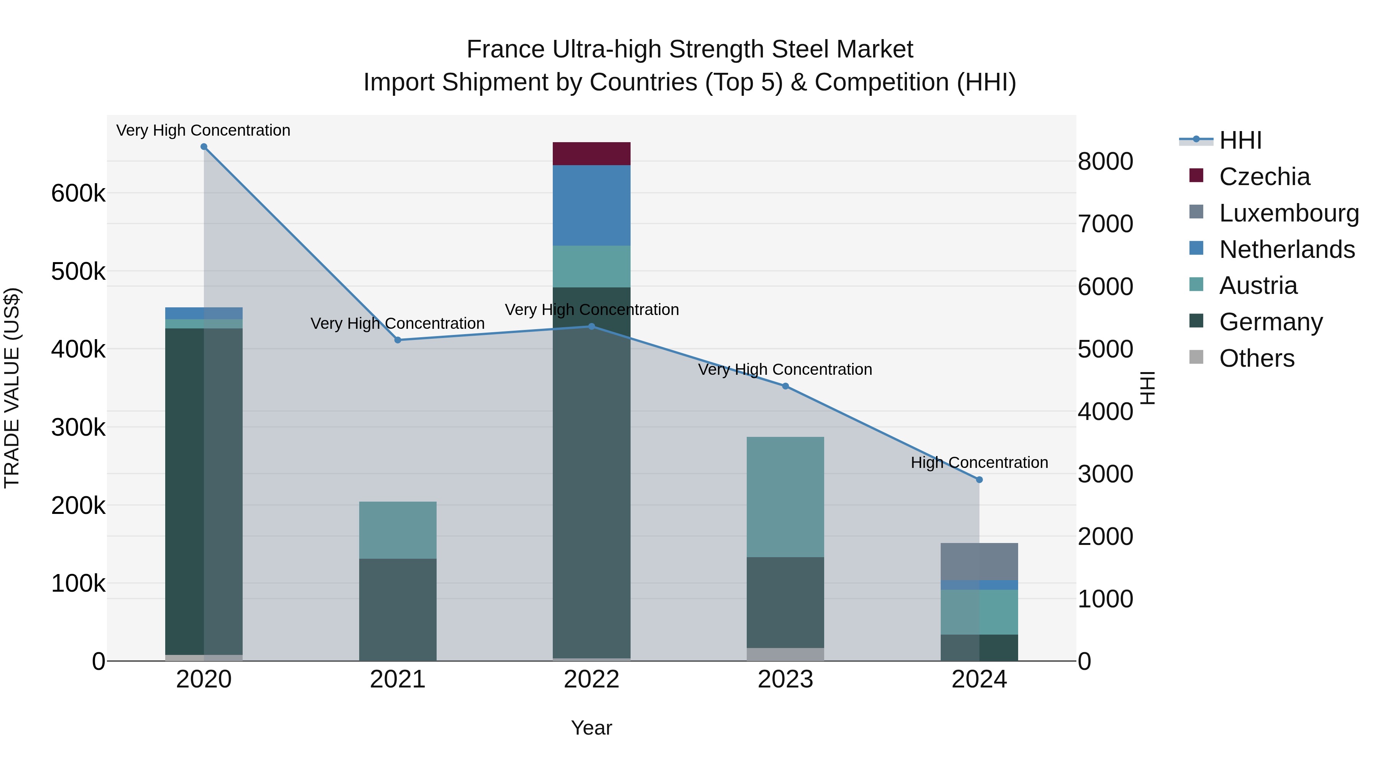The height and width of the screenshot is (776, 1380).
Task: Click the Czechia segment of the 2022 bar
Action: (x=591, y=154)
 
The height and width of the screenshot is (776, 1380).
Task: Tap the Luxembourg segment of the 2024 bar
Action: (x=979, y=561)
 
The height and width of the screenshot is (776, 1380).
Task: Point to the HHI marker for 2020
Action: (x=204, y=147)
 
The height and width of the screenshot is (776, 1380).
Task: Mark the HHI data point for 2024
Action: (x=979, y=480)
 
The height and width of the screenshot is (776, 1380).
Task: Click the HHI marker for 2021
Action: (x=398, y=340)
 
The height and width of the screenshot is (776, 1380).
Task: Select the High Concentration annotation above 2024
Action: (x=979, y=463)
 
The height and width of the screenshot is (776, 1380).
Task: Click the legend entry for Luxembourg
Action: (x=1288, y=213)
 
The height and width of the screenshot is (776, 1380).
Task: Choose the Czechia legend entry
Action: (x=1264, y=177)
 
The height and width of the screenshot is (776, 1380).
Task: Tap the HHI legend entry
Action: (x=1240, y=140)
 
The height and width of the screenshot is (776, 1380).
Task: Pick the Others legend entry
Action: (x=1256, y=358)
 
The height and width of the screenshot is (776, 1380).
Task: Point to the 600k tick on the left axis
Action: (x=78, y=194)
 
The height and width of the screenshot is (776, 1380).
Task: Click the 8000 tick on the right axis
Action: (x=1105, y=161)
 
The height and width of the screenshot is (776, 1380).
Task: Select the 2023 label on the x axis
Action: (x=785, y=679)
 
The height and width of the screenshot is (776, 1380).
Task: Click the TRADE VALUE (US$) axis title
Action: (x=12, y=388)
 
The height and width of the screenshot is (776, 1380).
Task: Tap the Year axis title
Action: (x=591, y=728)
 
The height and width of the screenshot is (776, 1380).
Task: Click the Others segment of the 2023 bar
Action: (x=785, y=655)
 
